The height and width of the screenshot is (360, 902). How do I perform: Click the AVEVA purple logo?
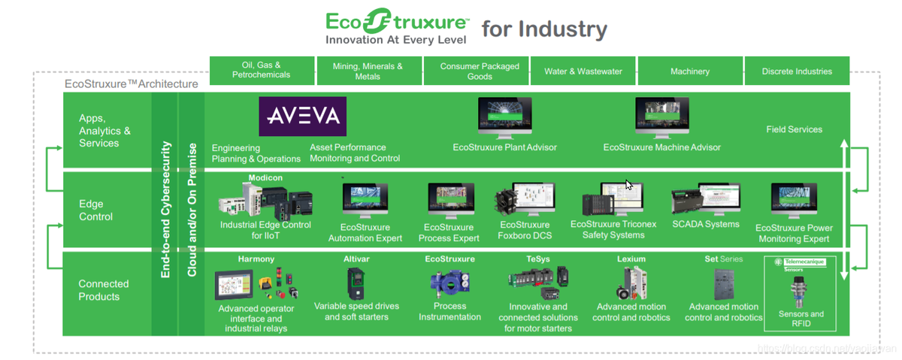pyautogui.click(x=303, y=116)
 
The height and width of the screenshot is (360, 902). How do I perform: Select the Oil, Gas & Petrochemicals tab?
pyautogui.click(x=261, y=70)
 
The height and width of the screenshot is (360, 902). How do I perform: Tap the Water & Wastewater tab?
pyautogui.click(x=583, y=71)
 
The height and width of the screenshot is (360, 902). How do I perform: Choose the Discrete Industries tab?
pyautogui.click(x=797, y=71)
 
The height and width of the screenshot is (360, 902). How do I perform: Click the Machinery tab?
pyautogui.click(x=689, y=71)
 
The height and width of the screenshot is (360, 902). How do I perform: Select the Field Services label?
pyautogui.click(x=794, y=129)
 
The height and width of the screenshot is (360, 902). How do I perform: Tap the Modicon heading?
pyautogui.click(x=265, y=177)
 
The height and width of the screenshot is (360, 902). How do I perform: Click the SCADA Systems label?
pyautogui.click(x=706, y=224)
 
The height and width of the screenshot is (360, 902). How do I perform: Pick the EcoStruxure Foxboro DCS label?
pyautogui.click(x=525, y=230)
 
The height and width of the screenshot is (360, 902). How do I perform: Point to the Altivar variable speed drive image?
pyautogui.click(x=356, y=283)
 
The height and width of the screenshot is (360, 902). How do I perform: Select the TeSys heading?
pyautogui.click(x=538, y=259)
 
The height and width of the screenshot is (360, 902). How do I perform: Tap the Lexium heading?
pyautogui.click(x=631, y=259)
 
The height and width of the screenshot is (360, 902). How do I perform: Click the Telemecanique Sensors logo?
pyautogui.click(x=794, y=264)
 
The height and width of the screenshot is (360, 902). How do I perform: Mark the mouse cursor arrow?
pyautogui.click(x=629, y=185)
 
